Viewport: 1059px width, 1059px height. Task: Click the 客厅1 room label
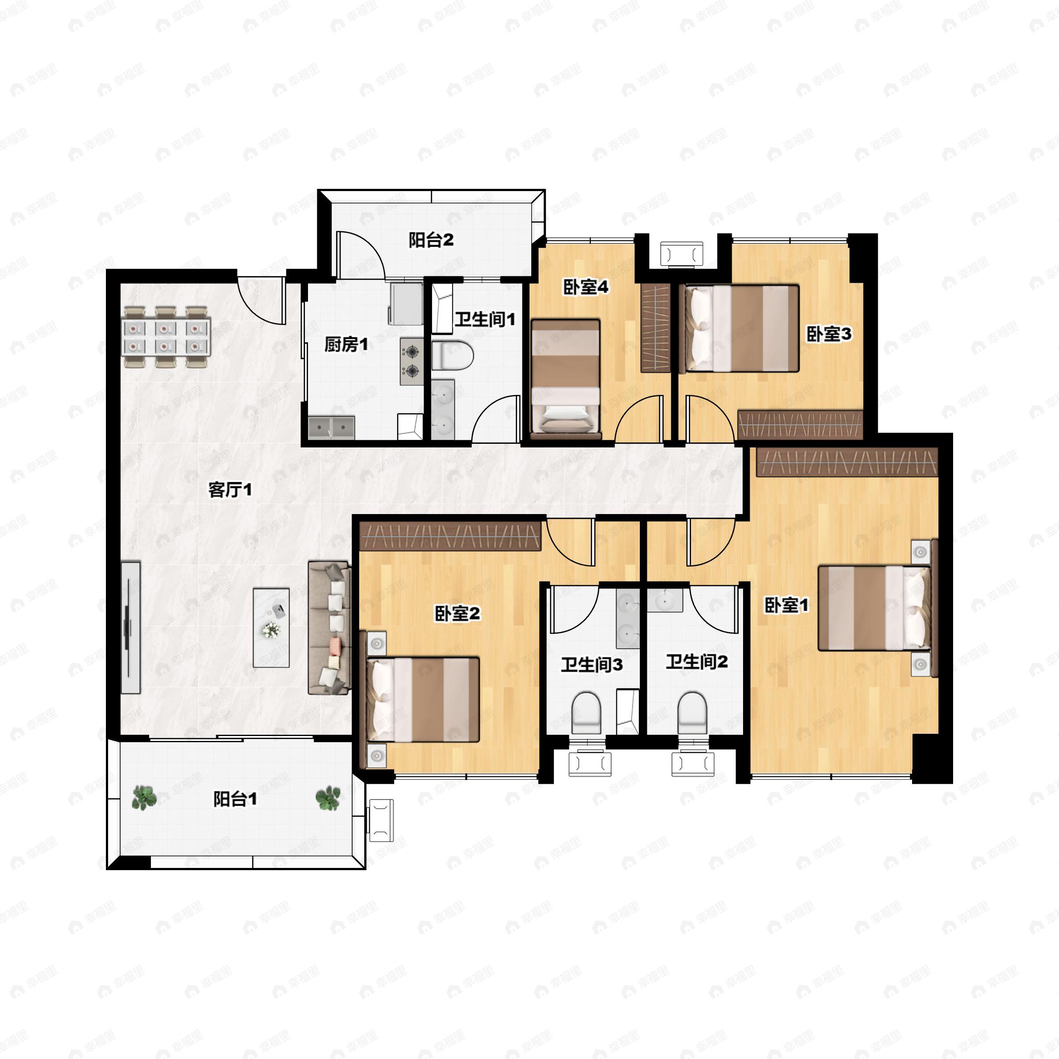click(x=230, y=489)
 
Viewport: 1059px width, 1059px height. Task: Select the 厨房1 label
click(x=346, y=344)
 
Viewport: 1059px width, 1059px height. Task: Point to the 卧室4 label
click(x=586, y=287)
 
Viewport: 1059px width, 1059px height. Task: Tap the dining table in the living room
click(x=166, y=337)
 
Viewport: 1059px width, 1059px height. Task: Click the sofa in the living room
click(x=329, y=627)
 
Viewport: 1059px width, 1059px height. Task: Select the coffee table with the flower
click(x=271, y=627)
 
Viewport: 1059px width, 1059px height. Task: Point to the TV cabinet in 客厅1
click(x=131, y=627)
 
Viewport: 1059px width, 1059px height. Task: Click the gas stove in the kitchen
click(x=412, y=362)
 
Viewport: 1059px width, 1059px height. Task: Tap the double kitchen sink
click(x=331, y=427)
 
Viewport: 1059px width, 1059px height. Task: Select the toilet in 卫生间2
click(x=692, y=712)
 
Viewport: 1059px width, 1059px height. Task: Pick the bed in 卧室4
click(x=566, y=379)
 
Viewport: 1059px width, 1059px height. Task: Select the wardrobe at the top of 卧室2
click(x=450, y=536)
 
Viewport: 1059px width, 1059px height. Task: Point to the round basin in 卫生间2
click(x=665, y=600)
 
